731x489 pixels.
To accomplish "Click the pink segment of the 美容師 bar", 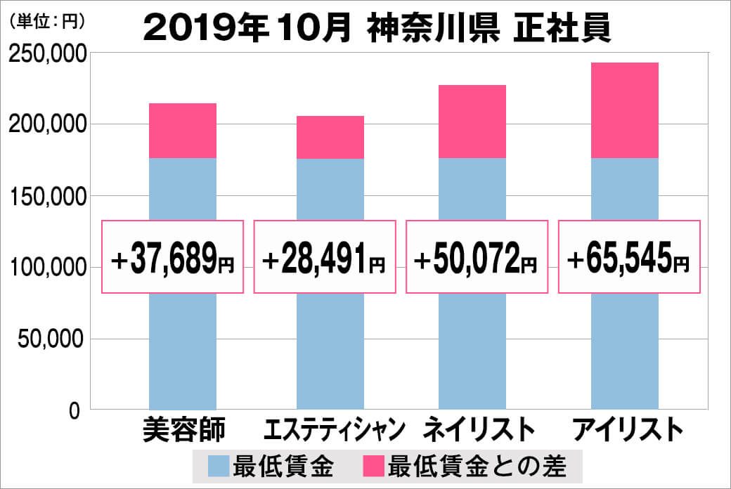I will point(183,131).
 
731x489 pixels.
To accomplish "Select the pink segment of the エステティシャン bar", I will point(330,137).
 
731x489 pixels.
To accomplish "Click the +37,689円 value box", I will point(173,257).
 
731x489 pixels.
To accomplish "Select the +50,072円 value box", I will point(477,257).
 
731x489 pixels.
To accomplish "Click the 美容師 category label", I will point(183,429).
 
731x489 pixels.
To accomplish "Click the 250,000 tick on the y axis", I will point(47,54).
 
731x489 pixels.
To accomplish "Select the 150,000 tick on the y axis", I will point(47,196).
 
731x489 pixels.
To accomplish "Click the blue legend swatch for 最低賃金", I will point(219,466).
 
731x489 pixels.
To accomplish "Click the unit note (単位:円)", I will point(46,21).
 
